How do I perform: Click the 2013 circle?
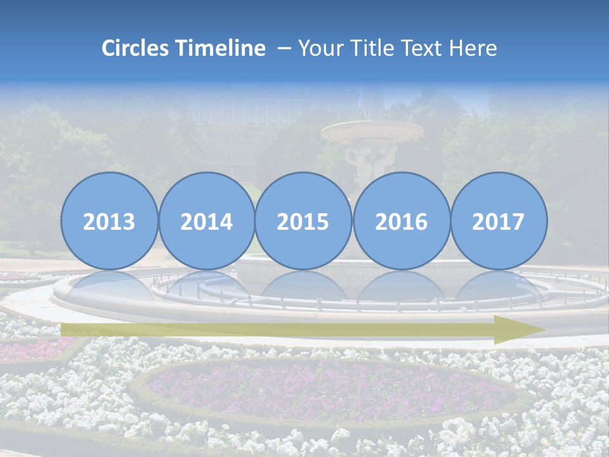pos(109,221)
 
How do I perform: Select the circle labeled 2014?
pos(206,221)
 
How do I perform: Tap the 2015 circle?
pos(303,221)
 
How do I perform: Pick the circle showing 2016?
pos(401,221)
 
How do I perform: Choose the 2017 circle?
pos(499,221)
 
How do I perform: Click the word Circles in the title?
pos(136,48)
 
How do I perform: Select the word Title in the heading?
pos(372,48)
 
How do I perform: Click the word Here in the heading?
pos(474,48)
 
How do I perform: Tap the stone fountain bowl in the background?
pos(372,132)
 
